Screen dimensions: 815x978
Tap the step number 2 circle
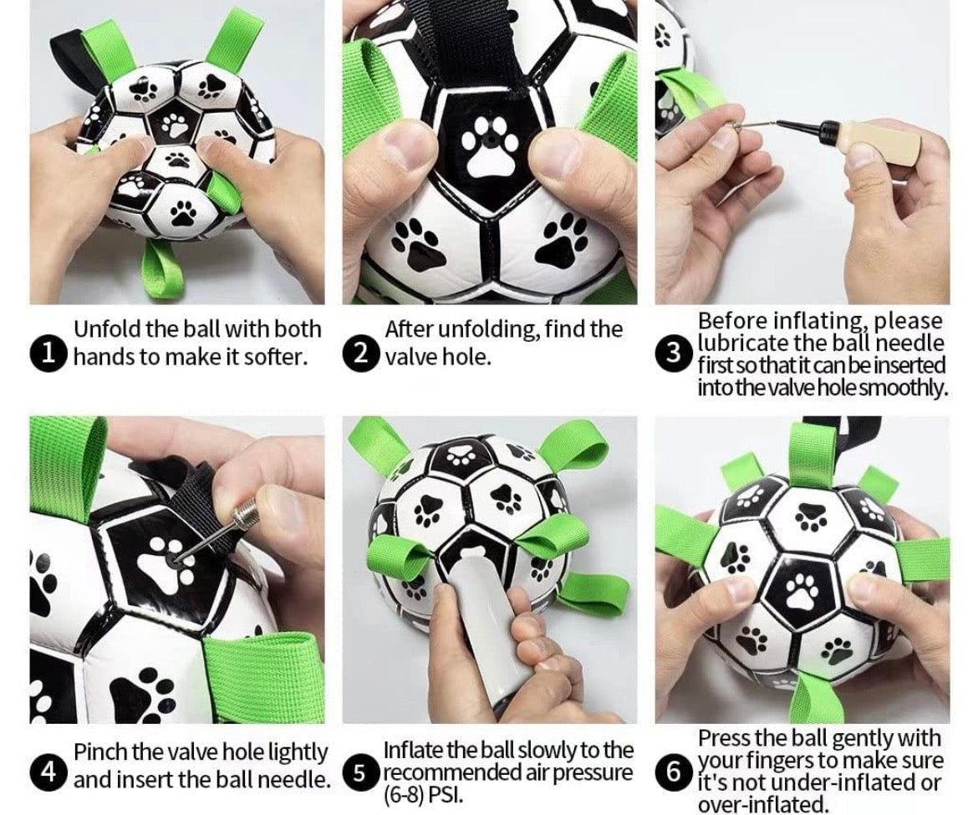[x=359, y=354]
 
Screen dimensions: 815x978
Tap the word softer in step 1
[x=273, y=357]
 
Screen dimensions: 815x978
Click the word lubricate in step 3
[x=744, y=343]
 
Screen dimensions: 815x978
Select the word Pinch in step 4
[x=98, y=752]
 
